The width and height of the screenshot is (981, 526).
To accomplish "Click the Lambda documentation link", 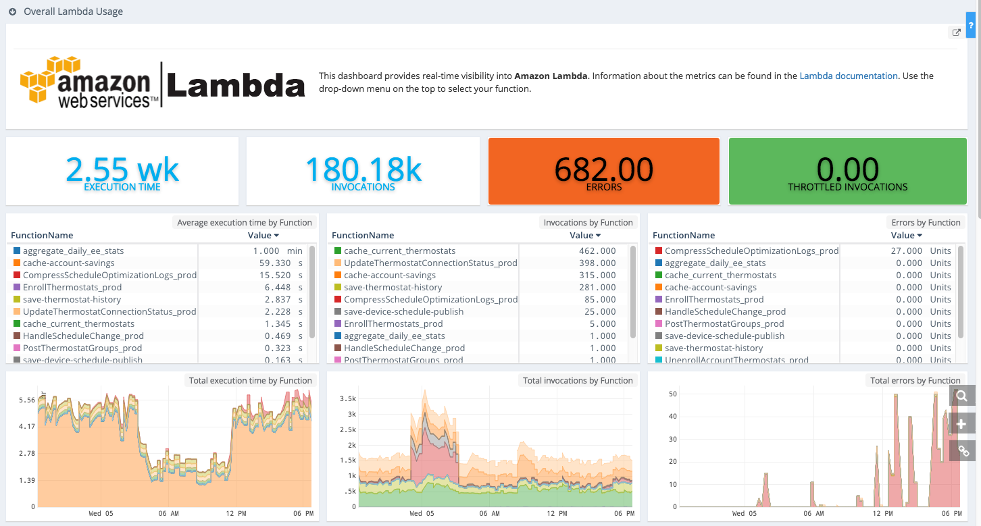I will pos(849,76).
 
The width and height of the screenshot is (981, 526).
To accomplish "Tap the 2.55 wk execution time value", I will pos(122,169).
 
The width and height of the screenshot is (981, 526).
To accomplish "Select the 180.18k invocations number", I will pos(363,169).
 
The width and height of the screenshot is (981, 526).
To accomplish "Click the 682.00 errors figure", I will pos(603,169).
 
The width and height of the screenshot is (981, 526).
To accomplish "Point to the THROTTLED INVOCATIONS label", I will pos(847,187).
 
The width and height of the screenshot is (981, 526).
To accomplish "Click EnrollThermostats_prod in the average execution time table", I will pos(72,288).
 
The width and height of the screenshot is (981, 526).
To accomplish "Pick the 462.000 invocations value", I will pos(594,251).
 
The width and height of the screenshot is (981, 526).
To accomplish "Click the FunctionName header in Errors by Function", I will pos(684,236).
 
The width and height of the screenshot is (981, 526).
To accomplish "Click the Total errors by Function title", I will pos(915,381).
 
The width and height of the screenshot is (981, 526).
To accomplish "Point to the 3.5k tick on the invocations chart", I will pos(347,398).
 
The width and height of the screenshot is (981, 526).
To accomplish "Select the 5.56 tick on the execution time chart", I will pos(27,400).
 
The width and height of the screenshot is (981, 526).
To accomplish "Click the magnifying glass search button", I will pos(962,396).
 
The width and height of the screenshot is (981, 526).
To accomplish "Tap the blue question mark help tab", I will pos(971,25).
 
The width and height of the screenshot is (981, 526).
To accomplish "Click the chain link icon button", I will pos(962,450).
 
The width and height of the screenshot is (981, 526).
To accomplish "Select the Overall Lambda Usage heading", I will pos(73,12).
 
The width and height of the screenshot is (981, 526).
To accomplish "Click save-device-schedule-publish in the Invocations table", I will pos(403,312).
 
